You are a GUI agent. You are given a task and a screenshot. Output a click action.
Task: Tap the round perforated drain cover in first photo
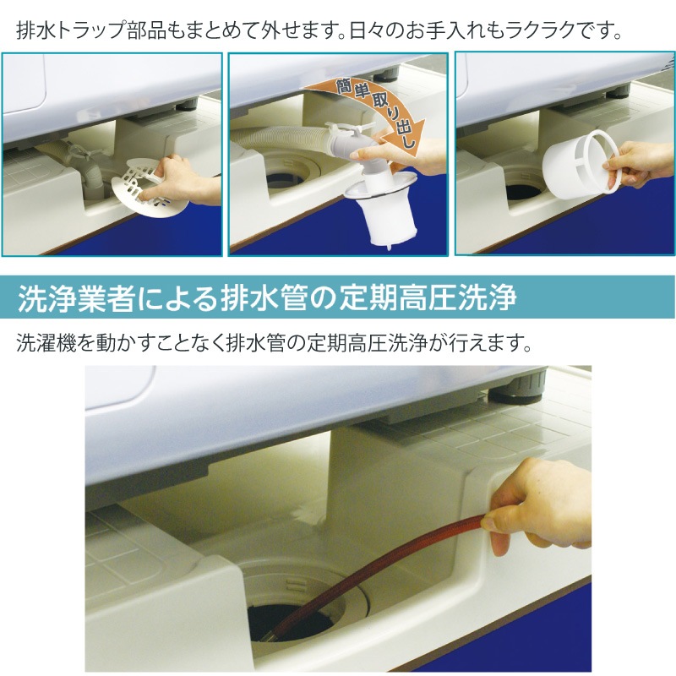[139, 183]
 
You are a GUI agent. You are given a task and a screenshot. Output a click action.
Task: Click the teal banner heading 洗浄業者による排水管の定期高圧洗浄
[338, 298]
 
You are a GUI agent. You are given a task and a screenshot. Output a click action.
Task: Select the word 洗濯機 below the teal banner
[42, 345]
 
